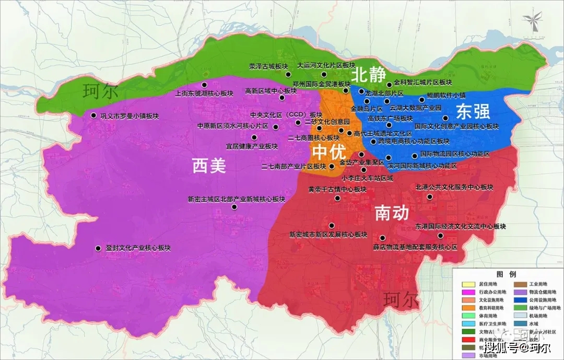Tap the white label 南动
392,213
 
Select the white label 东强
473,111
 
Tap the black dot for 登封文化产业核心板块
98,249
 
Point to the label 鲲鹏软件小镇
445,95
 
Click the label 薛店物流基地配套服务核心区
415,247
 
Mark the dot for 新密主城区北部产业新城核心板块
234,207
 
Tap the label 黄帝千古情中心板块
337,189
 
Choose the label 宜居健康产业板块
252,146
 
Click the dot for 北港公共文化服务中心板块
430,197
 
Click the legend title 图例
506,274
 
